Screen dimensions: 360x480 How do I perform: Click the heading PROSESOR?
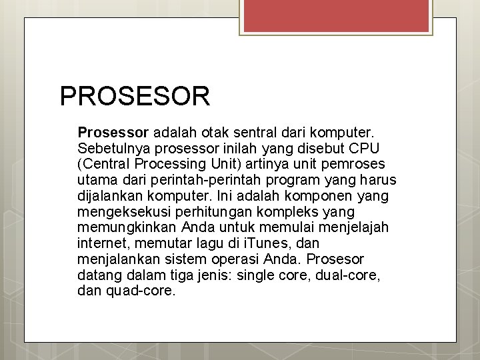coord(135,96)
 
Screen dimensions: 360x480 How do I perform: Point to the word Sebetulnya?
coord(111,147)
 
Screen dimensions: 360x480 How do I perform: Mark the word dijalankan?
coord(109,196)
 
